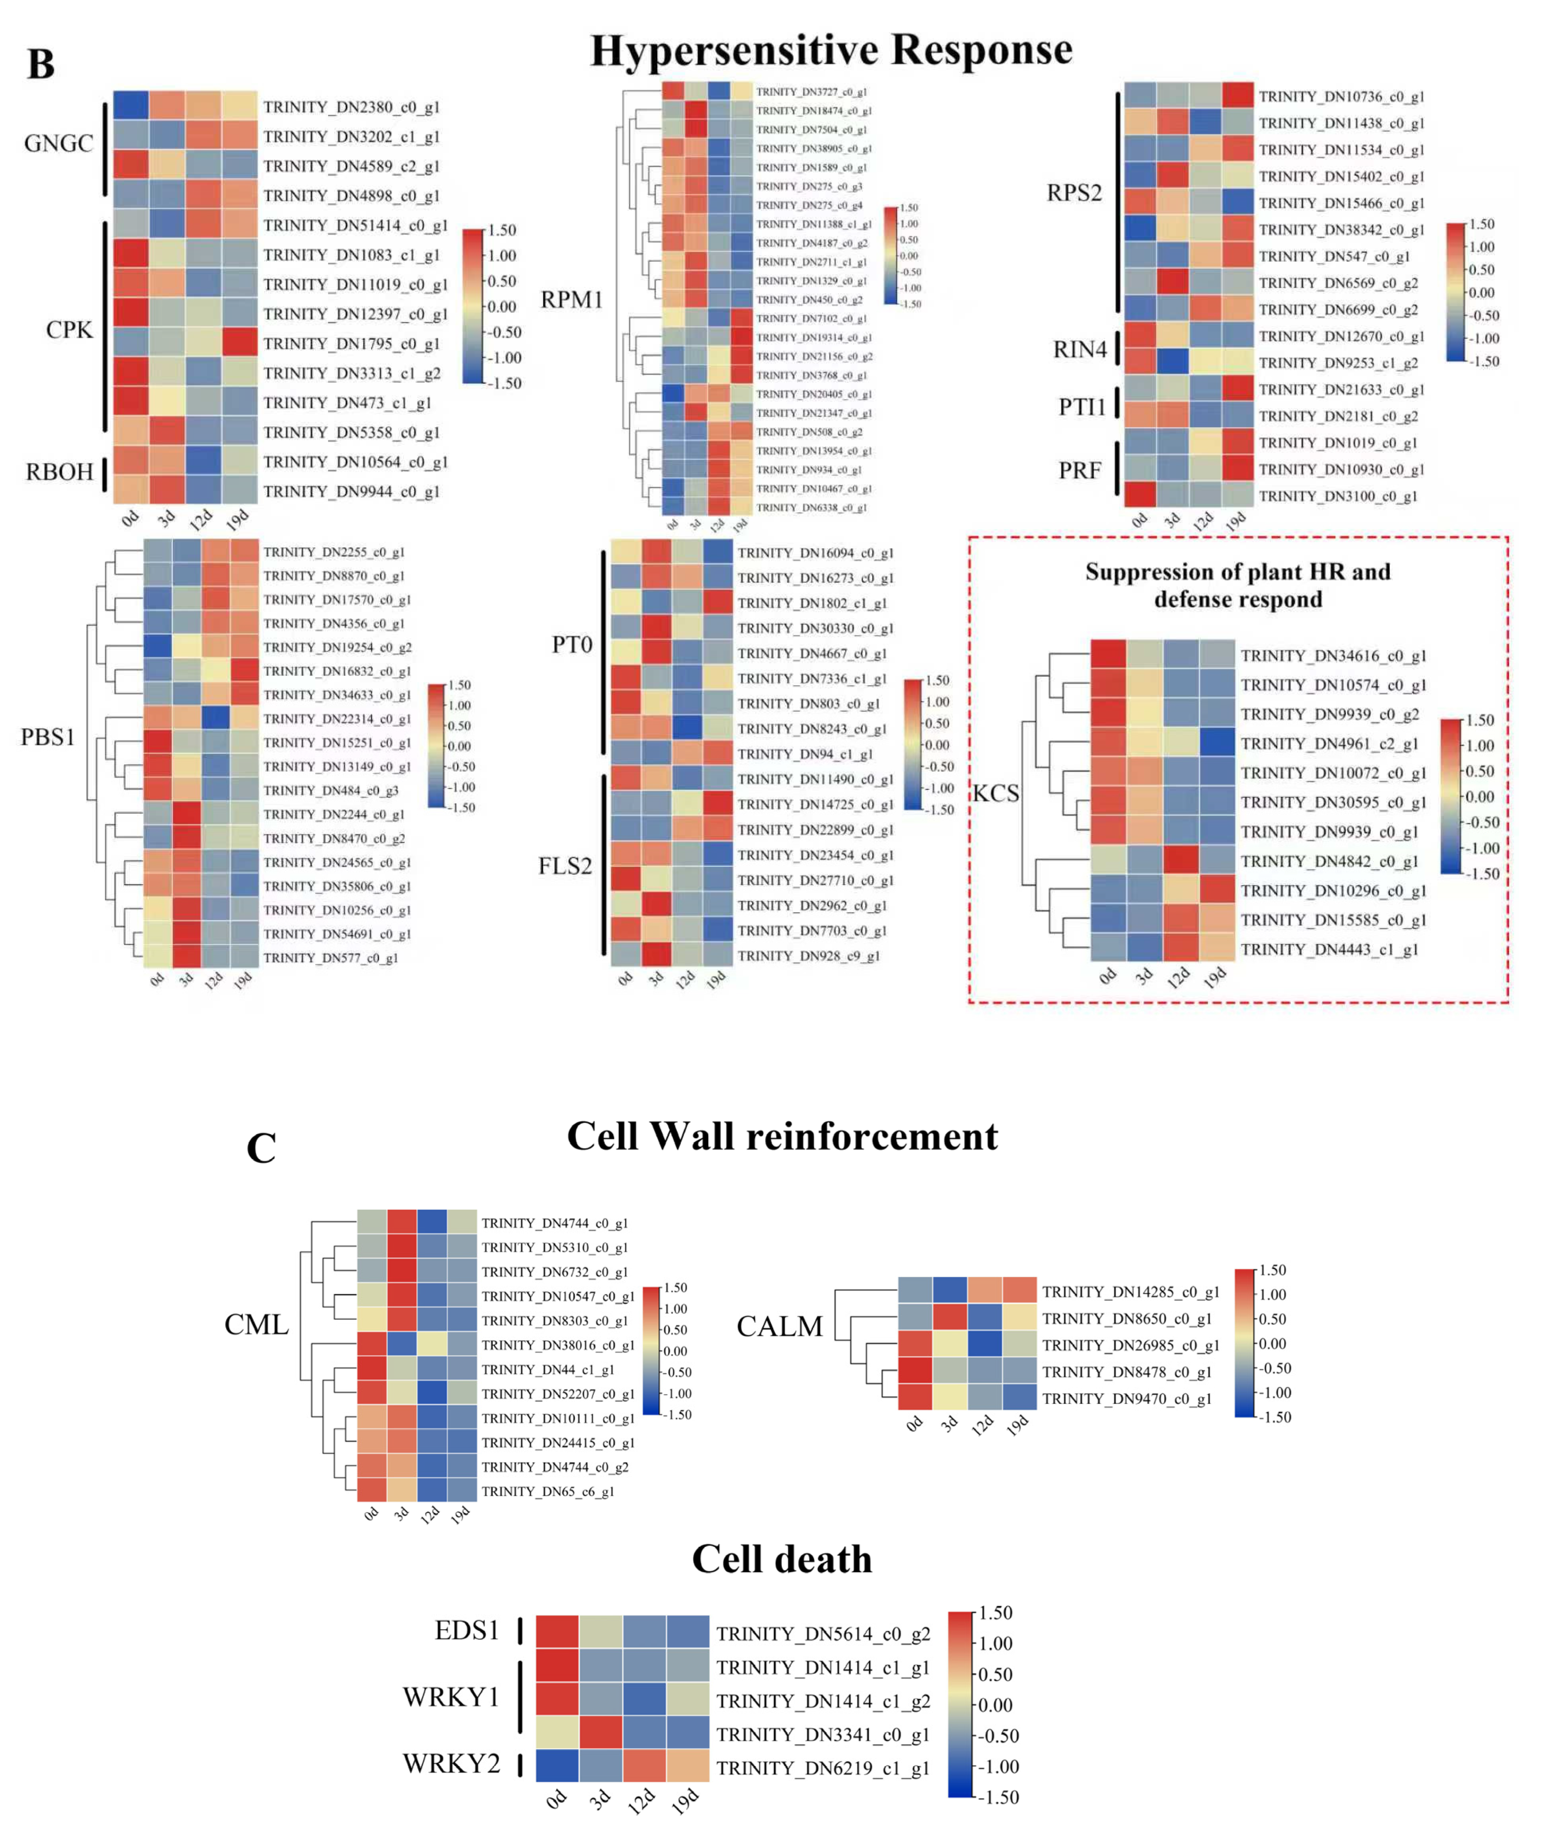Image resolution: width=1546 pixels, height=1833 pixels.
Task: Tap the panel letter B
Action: pyautogui.click(x=40, y=64)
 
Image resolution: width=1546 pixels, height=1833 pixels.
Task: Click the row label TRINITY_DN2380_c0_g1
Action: pyautogui.click(x=350, y=107)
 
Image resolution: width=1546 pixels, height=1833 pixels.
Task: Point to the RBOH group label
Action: pyautogui.click(x=59, y=472)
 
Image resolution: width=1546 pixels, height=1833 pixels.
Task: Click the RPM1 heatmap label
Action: pyautogui.click(x=571, y=300)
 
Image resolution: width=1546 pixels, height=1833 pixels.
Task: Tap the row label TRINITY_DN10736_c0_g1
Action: pyautogui.click(x=1341, y=96)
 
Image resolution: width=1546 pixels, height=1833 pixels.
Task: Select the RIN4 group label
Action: pyautogui.click(x=1080, y=350)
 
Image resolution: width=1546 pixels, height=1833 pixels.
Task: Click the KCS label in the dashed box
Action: pyautogui.click(x=996, y=793)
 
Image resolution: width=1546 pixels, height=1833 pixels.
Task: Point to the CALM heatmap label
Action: pyautogui.click(x=779, y=1326)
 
